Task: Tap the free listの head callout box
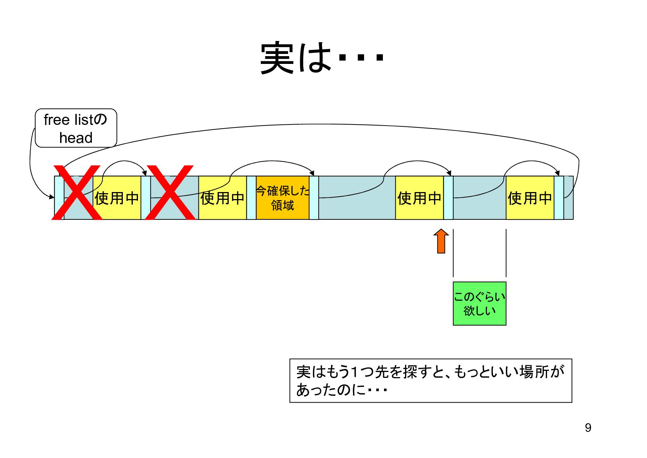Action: pyautogui.click(x=76, y=128)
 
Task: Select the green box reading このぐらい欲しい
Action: pyautogui.click(x=479, y=304)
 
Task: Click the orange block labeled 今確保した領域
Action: pyautogui.click(x=283, y=198)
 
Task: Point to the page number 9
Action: pyautogui.click(x=588, y=428)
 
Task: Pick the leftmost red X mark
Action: pyautogui.click(x=77, y=192)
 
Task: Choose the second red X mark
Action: pyautogui.click(x=170, y=192)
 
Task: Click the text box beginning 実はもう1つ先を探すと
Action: pyautogui.click(x=430, y=380)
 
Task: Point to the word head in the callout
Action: pyautogui.click(x=76, y=138)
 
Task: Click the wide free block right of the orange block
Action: pyautogui.click(x=357, y=207)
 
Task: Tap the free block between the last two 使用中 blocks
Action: pyautogui.click(x=479, y=207)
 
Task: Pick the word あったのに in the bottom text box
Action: pyautogui.click(x=331, y=390)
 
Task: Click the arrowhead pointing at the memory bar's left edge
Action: pyautogui.click(x=52, y=197)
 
